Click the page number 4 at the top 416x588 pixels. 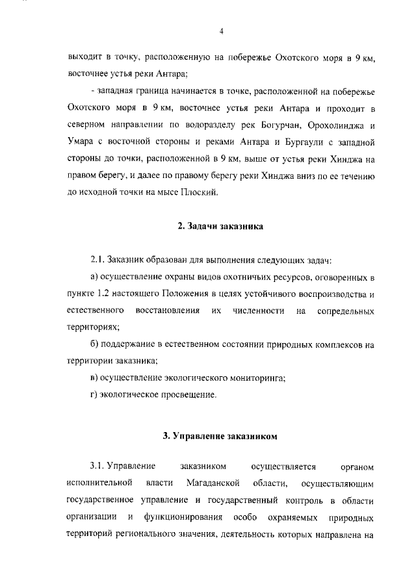pyautogui.click(x=221, y=31)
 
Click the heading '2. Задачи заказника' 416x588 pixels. pyautogui.click(x=220, y=227)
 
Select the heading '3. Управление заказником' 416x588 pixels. pyautogui.click(x=220, y=436)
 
